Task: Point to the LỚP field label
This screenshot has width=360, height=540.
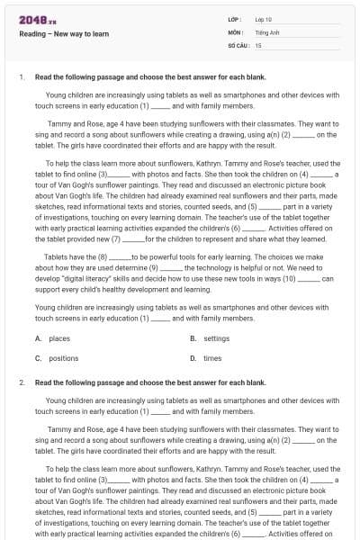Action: (x=235, y=19)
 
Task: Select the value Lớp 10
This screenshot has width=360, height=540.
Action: (x=264, y=19)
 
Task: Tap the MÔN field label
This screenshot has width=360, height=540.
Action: (x=236, y=31)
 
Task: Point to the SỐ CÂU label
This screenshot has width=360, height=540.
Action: (x=238, y=44)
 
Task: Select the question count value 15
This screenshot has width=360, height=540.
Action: (x=258, y=44)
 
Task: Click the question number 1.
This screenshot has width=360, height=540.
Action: (x=20, y=77)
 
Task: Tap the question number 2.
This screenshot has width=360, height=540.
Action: (x=20, y=382)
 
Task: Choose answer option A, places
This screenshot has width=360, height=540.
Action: (x=54, y=338)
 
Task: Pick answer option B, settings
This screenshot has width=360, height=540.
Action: (x=211, y=338)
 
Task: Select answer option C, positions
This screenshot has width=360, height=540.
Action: (x=58, y=358)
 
